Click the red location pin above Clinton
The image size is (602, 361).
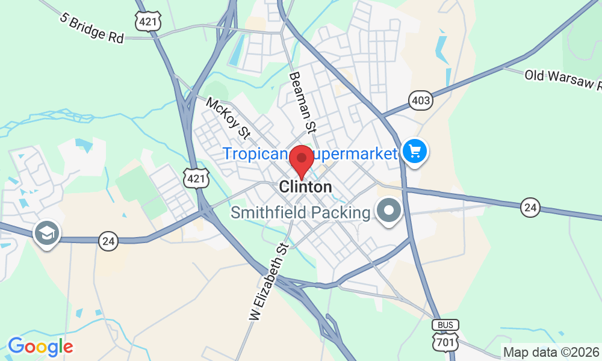pyautogui.click(x=301, y=159)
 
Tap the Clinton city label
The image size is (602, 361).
pyautogui.click(x=305, y=187)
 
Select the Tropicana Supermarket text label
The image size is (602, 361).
pyautogui.click(x=310, y=153)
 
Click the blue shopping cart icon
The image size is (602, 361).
pyautogui.click(x=414, y=150)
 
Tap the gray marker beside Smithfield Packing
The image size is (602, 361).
pyautogui.click(x=389, y=211)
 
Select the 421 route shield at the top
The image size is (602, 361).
pyautogui.click(x=147, y=21)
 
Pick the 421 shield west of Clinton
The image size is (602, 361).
pyautogui.click(x=196, y=177)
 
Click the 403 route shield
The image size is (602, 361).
pyautogui.click(x=420, y=100)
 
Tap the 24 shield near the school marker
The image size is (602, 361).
pyautogui.click(x=108, y=241)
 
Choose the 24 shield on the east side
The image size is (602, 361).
pyautogui.click(x=530, y=208)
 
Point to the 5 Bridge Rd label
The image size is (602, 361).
pyautogui.click(x=92, y=28)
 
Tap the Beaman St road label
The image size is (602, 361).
pyautogui.click(x=303, y=102)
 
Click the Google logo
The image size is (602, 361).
pyautogui.click(x=40, y=347)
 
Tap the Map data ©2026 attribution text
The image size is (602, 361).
pyautogui.click(x=551, y=352)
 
